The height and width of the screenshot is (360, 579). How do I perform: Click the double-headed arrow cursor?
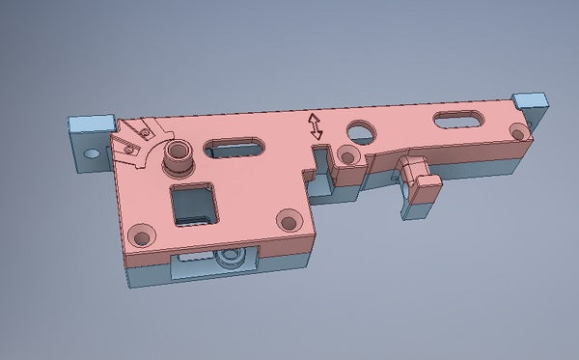tap(316, 127)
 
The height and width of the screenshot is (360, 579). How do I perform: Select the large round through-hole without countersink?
tap(363, 129)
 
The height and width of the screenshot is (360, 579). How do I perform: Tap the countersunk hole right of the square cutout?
tap(286, 221)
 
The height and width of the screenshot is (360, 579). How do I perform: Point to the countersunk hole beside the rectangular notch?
tap(346, 156)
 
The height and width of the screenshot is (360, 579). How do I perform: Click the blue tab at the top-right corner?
tap(530, 99)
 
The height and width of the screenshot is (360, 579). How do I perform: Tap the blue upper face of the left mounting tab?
tap(89, 125)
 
